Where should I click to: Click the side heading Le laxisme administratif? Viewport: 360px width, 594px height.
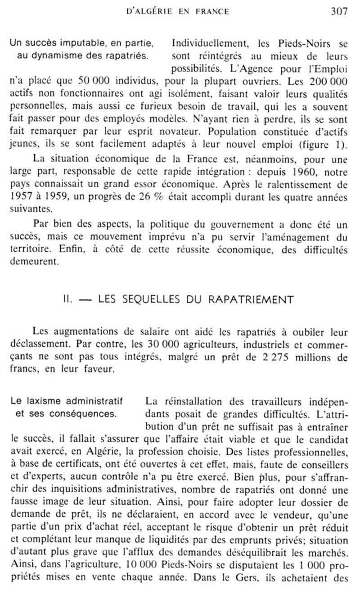click(66, 401)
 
